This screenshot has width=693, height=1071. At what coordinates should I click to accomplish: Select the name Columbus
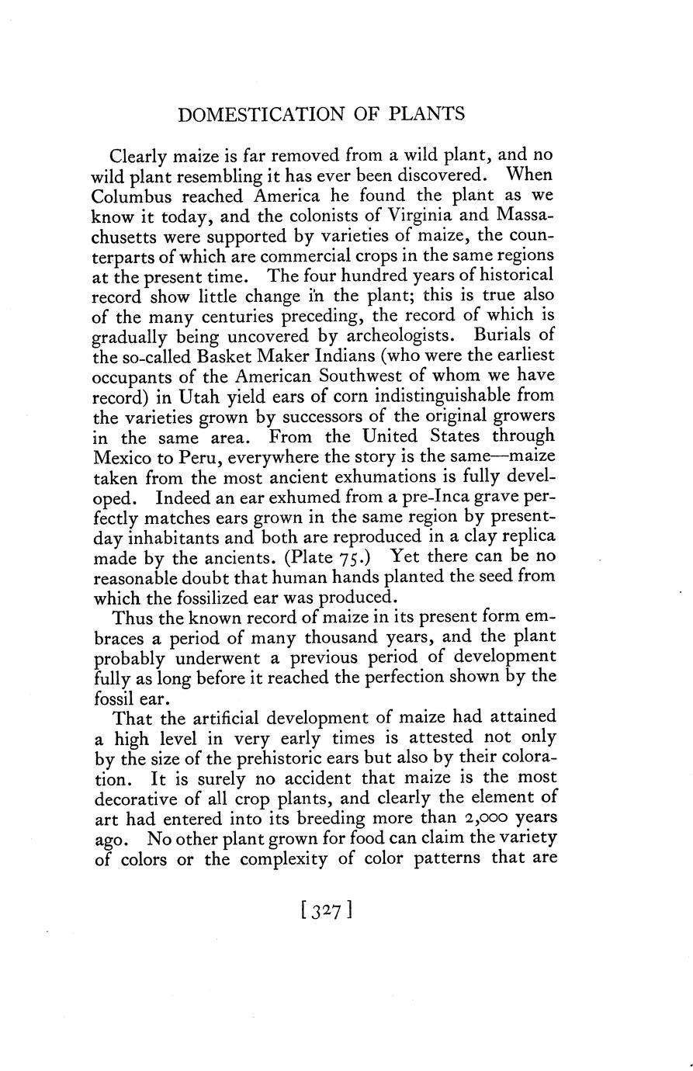[x=137, y=195]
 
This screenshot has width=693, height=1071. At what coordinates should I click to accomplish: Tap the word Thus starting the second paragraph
[x=131, y=619]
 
